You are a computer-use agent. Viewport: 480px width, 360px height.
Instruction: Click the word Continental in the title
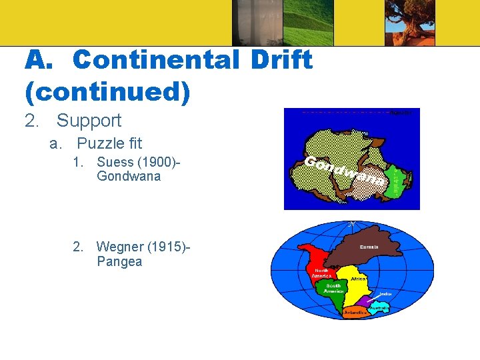[x=155, y=60]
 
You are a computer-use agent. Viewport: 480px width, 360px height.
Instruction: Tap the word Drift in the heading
[x=281, y=60]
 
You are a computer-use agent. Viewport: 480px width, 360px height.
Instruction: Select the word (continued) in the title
[x=107, y=92]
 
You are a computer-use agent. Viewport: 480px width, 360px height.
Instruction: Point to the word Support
[x=89, y=121]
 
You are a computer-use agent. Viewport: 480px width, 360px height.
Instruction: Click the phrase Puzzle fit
[x=109, y=143]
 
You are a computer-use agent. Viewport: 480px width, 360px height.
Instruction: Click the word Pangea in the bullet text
[x=119, y=261]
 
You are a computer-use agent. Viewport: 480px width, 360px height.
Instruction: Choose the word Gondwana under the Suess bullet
[x=129, y=176]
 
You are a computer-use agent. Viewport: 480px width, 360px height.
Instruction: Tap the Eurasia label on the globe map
[x=369, y=247]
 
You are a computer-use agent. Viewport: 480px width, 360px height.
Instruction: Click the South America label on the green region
[x=333, y=288]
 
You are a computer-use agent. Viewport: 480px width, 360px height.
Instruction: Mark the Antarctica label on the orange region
[x=355, y=312]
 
